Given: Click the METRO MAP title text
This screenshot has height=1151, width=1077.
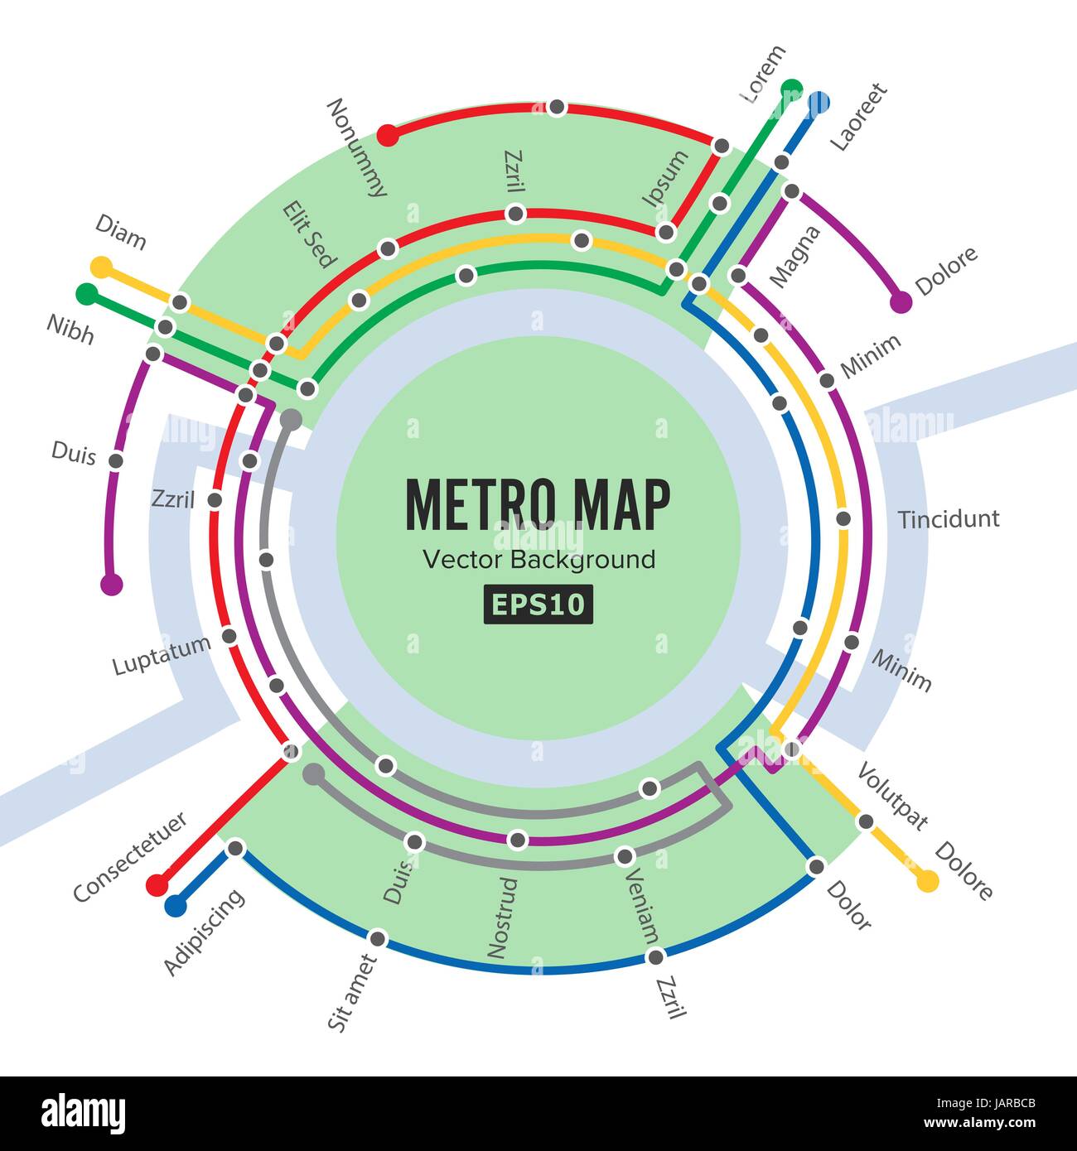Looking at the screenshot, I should click(x=538, y=504).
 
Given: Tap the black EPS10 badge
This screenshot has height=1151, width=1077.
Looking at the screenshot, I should click(x=538, y=604).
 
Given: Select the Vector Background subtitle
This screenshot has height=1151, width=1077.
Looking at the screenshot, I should click(x=538, y=560).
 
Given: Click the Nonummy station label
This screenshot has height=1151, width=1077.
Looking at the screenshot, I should click(x=357, y=147).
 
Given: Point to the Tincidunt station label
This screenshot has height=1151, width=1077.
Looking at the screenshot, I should click(x=949, y=519).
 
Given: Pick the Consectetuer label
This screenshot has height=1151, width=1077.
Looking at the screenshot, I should click(x=130, y=857).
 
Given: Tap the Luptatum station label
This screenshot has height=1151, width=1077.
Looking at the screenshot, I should click(x=162, y=655).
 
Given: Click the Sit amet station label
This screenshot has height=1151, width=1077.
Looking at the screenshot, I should click(x=352, y=993).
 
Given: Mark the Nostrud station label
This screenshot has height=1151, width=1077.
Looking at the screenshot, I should click(x=502, y=918).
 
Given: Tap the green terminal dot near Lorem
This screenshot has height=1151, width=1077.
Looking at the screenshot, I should click(x=792, y=88).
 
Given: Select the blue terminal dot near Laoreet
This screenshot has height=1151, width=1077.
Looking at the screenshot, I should click(x=819, y=103).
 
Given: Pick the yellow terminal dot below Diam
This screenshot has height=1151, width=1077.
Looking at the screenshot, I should click(x=101, y=267).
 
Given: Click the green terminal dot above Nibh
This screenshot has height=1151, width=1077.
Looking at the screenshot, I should click(x=85, y=293).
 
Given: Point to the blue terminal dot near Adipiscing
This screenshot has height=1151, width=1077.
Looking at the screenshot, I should click(x=175, y=905).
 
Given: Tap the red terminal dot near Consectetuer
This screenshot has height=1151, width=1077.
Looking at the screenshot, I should click(x=156, y=884).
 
